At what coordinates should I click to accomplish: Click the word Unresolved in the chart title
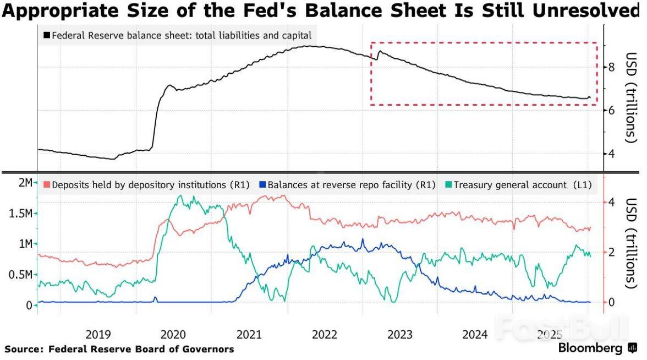591,12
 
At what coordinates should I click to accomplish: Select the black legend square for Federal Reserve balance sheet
47,36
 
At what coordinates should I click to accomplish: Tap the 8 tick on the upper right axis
611,68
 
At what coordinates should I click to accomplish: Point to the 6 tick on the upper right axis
611,111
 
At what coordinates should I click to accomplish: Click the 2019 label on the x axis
98,334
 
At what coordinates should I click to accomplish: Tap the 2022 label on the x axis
324,334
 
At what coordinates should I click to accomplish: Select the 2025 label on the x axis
550,334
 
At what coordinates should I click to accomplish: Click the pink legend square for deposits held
47,186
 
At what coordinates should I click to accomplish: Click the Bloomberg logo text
590,348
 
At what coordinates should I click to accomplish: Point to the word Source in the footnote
24,349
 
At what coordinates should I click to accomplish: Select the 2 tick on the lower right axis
611,252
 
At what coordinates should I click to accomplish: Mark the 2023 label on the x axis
399,334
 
